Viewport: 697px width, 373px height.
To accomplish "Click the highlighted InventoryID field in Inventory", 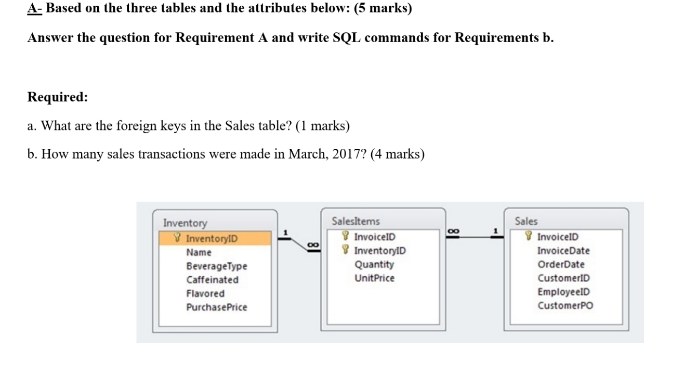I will click(x=211, y=239).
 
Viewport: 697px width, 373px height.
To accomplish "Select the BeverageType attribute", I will click(x=217, y=266).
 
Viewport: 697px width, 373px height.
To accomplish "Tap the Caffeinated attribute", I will click(x=213, y=280).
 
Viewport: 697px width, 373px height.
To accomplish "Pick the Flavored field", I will click(x=205, y=293).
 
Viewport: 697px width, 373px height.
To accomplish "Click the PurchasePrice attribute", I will click(x=217, y=307).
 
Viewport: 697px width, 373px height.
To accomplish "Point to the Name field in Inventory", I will click(x=199, y=252).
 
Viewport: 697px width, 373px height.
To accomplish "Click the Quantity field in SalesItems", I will click(x=374, y=264).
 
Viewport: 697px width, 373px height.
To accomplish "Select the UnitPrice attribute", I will click(x=374, y=278).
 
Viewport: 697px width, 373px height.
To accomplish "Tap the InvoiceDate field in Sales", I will click(x=563, y=251).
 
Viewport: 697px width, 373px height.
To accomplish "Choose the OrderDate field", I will click(x=561, y=264).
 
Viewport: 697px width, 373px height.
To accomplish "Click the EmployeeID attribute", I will click(x=563, y=292).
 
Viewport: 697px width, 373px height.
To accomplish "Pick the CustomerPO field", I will click(x=565, y=305).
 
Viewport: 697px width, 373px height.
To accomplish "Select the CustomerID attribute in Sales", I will click(x=563, y=278).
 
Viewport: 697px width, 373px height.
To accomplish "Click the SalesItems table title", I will click(x=356, y=222).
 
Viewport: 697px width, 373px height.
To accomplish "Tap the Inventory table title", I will click(x=185, y=223).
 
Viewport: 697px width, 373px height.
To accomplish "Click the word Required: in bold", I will click(x=58, y=97).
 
